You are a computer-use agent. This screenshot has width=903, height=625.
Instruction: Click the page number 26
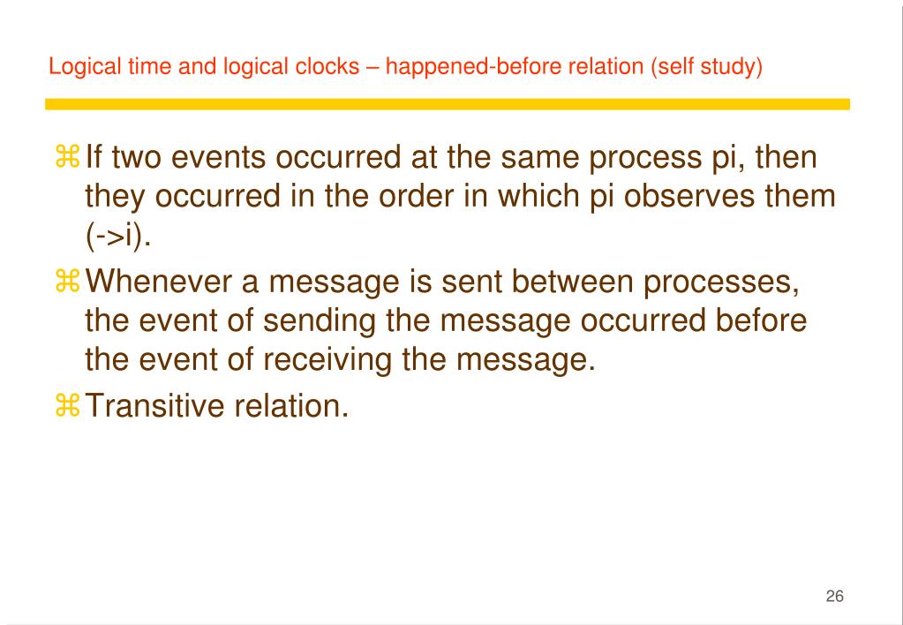(834, 597)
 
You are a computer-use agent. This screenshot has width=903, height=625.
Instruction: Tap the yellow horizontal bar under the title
(447, 104)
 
